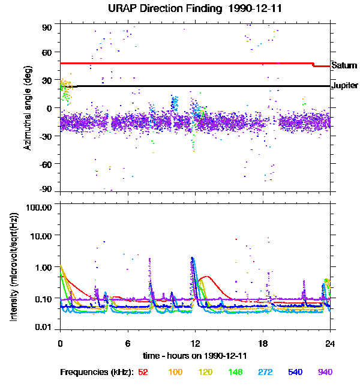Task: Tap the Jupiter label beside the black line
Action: click(x=344, y=86)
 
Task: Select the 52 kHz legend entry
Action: click(x=143, y=372)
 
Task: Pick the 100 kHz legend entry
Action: click(x=175, y=372)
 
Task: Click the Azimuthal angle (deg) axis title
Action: click(x=28, y=108)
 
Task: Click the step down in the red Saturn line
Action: click(x=313, y=64)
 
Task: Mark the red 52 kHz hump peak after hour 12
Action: click(x=206, y=277)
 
